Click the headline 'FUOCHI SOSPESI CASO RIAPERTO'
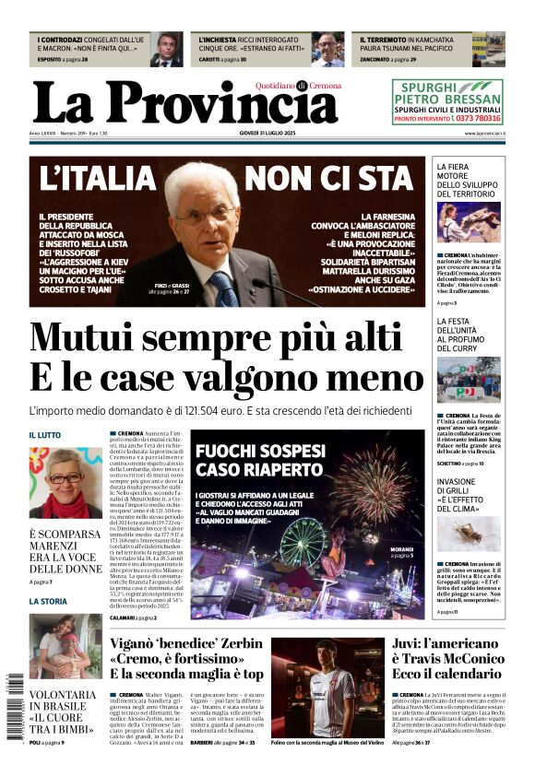pyautogui.click(x=259, y=461)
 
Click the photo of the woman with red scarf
pyautogui.click(x=65, y=483)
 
